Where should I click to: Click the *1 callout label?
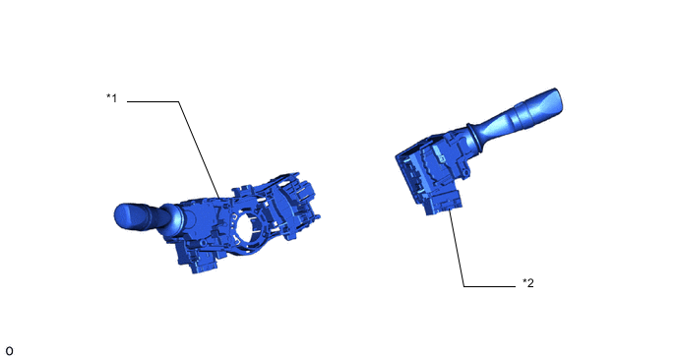112,98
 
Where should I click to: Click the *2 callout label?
528,282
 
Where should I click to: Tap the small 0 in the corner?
9,351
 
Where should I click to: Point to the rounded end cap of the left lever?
125,215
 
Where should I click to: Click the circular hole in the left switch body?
248,227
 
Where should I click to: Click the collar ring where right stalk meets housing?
476,139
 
